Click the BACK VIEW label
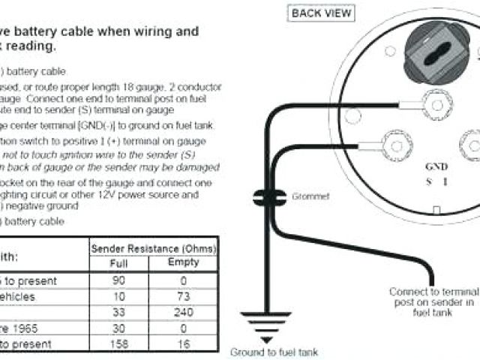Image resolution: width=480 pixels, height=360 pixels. tap(321, 13)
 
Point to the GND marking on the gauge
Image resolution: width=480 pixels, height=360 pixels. tap(436, 168)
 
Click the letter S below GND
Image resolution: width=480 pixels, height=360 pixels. tap(429, 181)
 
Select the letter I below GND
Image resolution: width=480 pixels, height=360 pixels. tap(445, 181)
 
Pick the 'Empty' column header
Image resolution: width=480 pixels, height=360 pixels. tap(184, 262)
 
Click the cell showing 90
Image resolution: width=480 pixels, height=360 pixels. tap(119, 279)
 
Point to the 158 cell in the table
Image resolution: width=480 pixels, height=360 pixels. tap(119, 343)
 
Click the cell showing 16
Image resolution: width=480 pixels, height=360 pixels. tap(184, 343)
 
